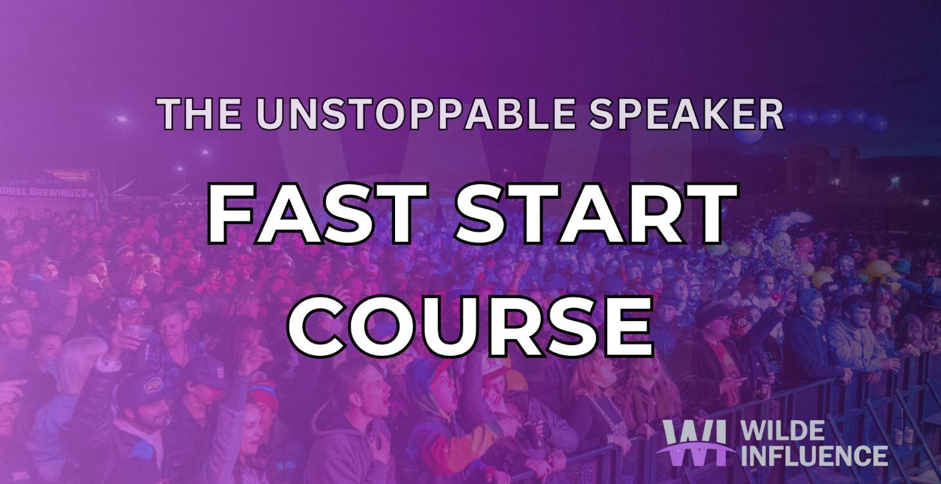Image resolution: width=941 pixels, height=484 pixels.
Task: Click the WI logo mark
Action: pos(694,443)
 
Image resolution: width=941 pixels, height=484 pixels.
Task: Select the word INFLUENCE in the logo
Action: pos(814,455)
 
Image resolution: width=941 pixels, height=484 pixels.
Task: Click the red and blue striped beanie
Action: pos(263,394)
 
